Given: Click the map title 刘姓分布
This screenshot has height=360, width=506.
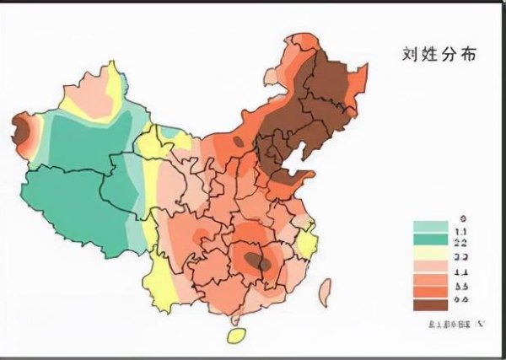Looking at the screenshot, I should pyautogui.click(x=439, y=54).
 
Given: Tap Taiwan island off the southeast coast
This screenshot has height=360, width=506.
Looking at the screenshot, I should pyautogui.click(x=324, y=292).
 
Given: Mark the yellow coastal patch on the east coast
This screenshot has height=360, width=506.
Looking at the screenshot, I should pyautogui.click(x=306, y=244).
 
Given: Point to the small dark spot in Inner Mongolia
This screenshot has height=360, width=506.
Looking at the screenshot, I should pyautogui.click(x=239, y=142).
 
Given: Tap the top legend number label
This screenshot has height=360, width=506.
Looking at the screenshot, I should pyautogui.click(x=461, y=217).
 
